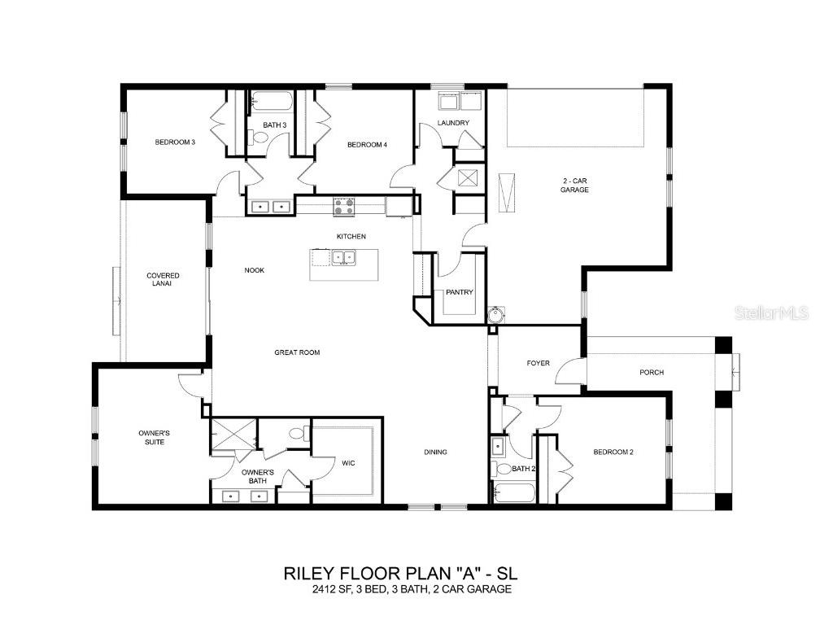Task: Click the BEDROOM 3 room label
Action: (175, 142)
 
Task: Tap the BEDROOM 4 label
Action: (367, 145)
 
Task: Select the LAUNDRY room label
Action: (453, 123)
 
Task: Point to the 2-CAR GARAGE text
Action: (574, 185)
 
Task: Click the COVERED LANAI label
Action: (163, 280)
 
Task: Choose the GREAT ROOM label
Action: (296, 352)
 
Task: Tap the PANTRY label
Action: (459, 292)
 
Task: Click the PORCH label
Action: (652, 372)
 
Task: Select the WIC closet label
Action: (348, 463)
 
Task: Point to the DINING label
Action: (435, 452)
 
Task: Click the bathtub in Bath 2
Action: (514, 492)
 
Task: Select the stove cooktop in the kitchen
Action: (343, 207)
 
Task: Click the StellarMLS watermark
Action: (771, 312)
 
